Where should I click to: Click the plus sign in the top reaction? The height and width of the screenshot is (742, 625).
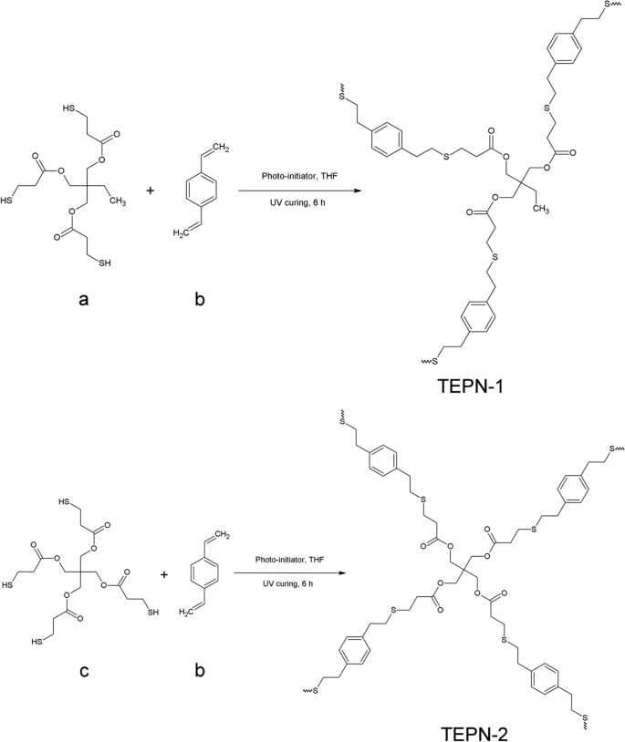click(151, 191)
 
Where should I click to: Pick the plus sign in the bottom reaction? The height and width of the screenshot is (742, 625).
click(165, 574)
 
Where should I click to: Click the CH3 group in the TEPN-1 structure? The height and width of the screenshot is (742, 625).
click(539, 208)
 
